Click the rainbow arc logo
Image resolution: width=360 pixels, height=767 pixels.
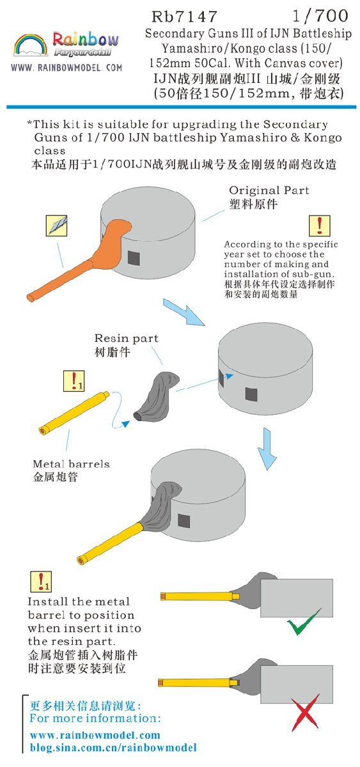pos(31,45)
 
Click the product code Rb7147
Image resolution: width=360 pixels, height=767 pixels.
pos(184,16)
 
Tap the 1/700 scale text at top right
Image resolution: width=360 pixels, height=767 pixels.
pos(320,15)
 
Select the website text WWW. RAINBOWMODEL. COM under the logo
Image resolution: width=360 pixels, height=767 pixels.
pos(67,68)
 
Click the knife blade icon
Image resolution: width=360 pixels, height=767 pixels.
pos(56,225)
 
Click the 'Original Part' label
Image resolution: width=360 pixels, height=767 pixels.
pos(269,190)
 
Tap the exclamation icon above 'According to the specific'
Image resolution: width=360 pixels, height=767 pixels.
pos(319,226)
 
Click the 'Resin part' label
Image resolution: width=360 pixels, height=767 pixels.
pos(127,338)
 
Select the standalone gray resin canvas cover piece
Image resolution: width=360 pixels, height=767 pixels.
pos(157,396)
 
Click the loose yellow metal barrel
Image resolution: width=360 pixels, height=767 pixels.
pos(74,413)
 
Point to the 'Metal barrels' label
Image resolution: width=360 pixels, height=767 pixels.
pos(71,464)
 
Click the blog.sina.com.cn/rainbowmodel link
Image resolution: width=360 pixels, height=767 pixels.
pos(113,747)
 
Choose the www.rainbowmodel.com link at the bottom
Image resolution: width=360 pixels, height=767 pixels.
pos(95,735)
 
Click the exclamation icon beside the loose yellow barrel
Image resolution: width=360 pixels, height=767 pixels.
pos(74,381)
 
